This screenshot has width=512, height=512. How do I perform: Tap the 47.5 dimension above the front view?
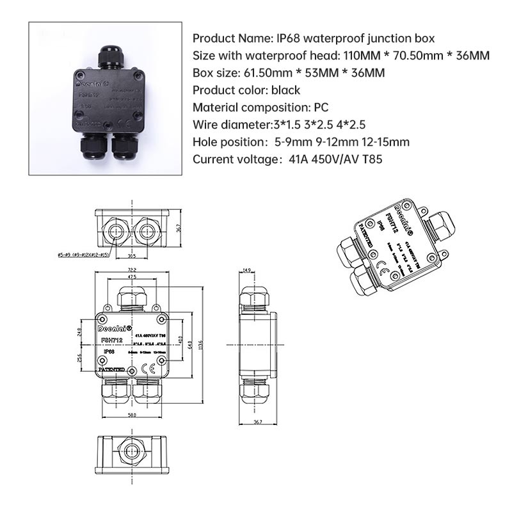(131, 277)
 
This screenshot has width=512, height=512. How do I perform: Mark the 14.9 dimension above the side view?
(247, 270)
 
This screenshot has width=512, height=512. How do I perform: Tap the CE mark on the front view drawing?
(145, 367)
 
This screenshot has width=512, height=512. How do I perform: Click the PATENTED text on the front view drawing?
(111, 370)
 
